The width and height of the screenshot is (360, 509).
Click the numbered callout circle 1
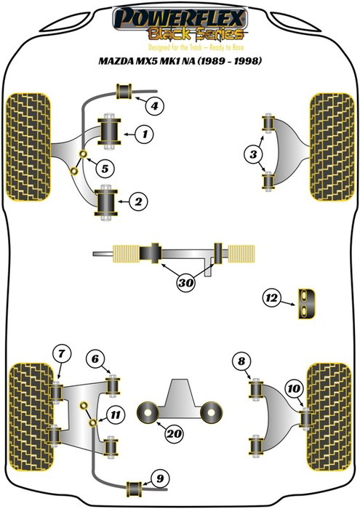pyautogui.click(x=145, y=134)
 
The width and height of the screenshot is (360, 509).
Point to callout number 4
pyautogui.click(x=153, y=107)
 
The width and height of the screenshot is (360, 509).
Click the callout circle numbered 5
pyautogui.click(x=106, y=169)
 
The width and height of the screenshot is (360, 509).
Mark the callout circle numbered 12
pyautogui.click(x=273, y=297)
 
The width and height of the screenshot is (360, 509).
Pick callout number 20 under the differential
pyautogui.click(x=172, y=434)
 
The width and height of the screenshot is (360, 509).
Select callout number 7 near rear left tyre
pyautogui.click(x=63, y=354)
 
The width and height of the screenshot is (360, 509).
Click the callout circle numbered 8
pyautogui.click(x=242, y=359)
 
